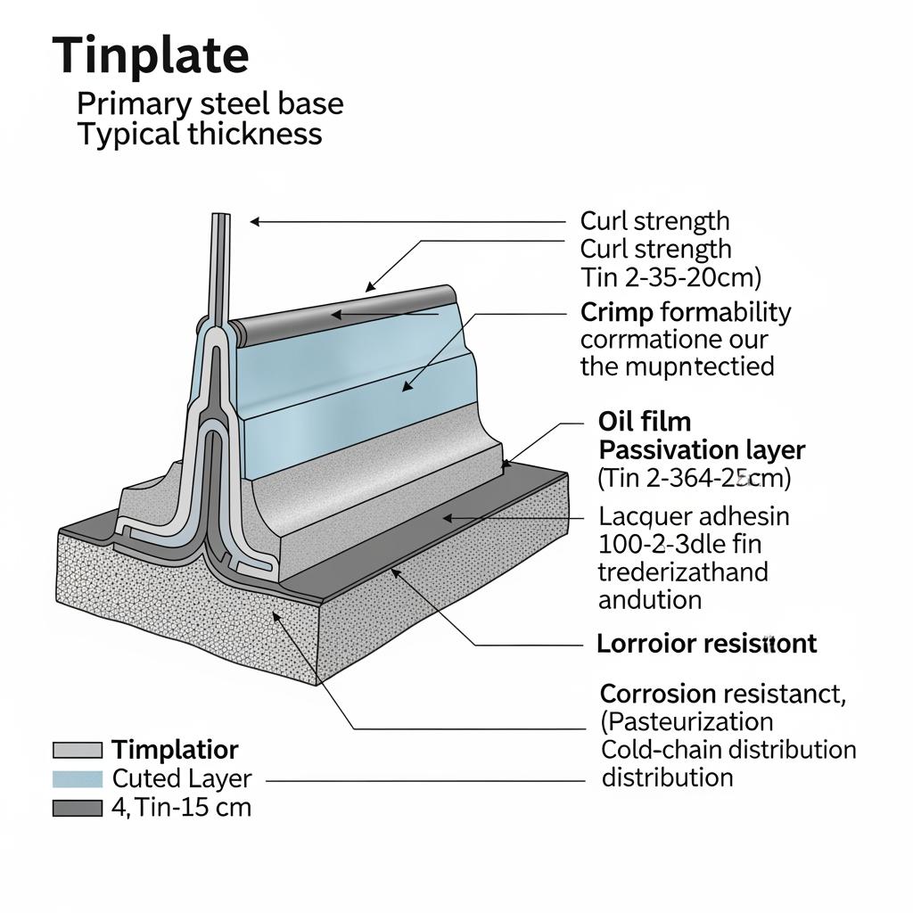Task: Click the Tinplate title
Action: [151, 55]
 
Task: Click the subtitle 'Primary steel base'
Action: [210, 103]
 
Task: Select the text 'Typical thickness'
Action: [199, 135]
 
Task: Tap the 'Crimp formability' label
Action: [685, 312]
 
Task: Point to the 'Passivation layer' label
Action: [702, 449]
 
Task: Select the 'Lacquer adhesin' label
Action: [694, 515]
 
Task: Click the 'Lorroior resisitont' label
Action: [705, 643]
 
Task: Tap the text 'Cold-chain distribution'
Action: [728, 749]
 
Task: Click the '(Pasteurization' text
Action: [687, 720]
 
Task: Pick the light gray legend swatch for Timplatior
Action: [78, 750]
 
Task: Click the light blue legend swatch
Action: [78, 778]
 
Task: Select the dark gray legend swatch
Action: [78, 808]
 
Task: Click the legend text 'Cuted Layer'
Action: [182, 778]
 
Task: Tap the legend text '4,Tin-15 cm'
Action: [182, 808]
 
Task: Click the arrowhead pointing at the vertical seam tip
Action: [254, 222]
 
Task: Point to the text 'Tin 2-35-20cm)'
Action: [670, 277]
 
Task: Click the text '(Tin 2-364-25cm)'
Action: [694, 478]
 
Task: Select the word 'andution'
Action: [649, 599]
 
